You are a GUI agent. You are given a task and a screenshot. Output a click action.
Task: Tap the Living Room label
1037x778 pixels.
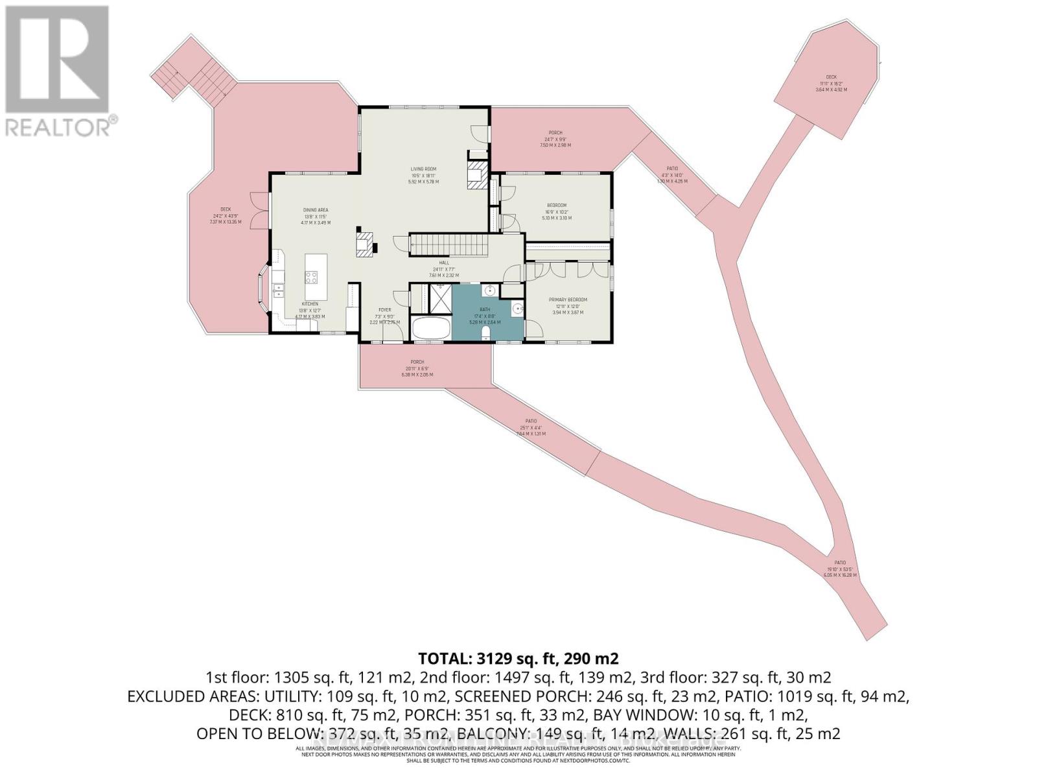coord(423,169)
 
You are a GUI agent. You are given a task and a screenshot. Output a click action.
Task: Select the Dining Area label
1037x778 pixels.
coord(316,210)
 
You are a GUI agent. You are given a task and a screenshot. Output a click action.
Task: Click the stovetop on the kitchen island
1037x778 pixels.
coord(311,277)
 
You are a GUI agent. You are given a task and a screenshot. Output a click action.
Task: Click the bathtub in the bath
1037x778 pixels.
coord(430,329)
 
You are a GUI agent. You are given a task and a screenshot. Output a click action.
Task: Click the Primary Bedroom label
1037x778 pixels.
coord(568,300)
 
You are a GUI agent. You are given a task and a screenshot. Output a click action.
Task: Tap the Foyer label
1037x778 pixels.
coord(385,310)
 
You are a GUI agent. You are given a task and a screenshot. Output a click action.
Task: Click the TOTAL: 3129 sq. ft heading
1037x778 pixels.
coord(518,659)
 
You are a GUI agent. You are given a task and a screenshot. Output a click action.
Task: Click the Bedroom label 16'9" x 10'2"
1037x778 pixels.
coord(557,206)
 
